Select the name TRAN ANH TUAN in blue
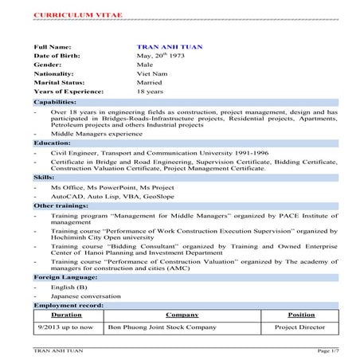pos(170,49)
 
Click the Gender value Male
pos(146,68)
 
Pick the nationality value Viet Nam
pos(151,76)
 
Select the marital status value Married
pos(151,85)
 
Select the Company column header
pos(181,315)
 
